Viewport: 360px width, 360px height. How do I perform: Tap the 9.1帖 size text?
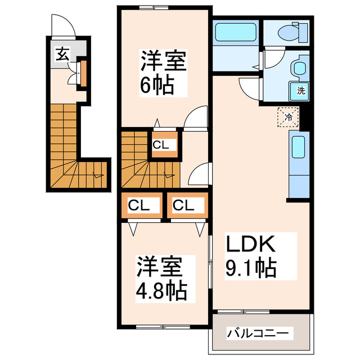click(x=251, y=268)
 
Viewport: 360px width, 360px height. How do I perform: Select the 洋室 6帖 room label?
click(x=163, y=60)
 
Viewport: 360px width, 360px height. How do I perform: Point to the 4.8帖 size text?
click(x=162, y=291)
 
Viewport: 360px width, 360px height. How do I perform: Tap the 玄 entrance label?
click(x=61, y=55)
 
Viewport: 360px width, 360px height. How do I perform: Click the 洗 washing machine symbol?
click(x=301, y=90)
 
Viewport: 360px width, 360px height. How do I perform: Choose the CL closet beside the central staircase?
click(x=162, y=145)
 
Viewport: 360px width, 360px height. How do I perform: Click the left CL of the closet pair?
click(x=139, y=205)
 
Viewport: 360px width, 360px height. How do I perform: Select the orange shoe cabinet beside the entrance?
click(x=83, y=72)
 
